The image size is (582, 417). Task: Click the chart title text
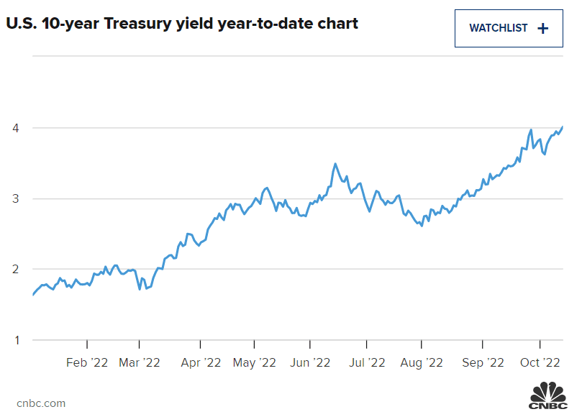(x=182, y=24)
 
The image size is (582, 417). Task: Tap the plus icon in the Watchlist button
(x=542, y=29)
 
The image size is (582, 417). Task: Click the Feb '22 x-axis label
(x=87, y=363)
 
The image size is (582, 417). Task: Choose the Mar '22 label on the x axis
(x=140, y=363)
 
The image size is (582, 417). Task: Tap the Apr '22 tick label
(x=201, y=363)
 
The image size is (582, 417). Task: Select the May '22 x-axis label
(x=255, y=363)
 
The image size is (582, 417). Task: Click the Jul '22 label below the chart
(x=367, y=363)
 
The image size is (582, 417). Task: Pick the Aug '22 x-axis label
(x=422, y=363)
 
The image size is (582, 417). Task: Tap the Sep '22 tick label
(x=482, y=363)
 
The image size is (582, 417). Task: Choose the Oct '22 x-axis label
(x=540, y=363)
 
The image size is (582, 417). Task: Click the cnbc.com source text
(x=41, y=403)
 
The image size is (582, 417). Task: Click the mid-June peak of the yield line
(x=335, y=164)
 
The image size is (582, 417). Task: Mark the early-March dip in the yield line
(x=140, y=289)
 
